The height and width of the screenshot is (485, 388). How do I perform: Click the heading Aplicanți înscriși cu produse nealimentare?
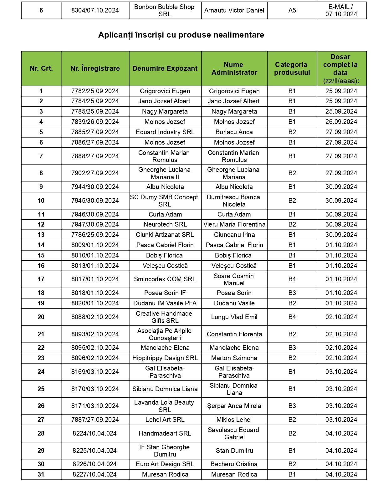(x=181, y=35)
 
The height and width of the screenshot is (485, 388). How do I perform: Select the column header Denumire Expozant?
(x=165, y=69)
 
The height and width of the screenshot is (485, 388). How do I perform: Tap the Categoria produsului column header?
(x=292, y=69)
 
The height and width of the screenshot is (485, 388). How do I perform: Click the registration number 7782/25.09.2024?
(x=95, y=91)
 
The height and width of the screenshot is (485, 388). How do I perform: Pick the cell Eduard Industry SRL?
(x=165, y=132)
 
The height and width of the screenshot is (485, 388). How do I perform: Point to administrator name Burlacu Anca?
(x=234, y=132)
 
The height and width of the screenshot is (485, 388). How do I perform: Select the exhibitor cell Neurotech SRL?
(x=165, y=224)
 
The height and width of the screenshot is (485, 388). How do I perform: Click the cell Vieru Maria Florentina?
(x=234, y=224)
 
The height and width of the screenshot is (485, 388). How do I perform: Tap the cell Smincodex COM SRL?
(x=165, y=279)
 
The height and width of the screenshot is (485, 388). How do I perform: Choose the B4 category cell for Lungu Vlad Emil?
(x=292, y=317)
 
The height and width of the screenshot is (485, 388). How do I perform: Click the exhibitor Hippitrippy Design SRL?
(x=165, y=358)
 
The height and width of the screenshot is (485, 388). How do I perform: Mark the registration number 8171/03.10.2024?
(x=95, y=406)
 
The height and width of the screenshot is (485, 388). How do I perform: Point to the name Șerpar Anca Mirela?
(x=234, y=406)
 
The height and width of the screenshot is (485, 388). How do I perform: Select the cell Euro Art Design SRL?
(x=165, y=464)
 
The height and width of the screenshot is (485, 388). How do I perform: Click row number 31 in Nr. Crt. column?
(x=41, y=474)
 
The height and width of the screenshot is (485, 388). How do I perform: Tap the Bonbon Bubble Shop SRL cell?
(x=165, y=10)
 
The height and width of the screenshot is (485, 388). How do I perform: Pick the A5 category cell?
(x=292, y=10)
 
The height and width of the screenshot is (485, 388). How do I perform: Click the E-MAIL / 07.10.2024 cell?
(x=341, y=10)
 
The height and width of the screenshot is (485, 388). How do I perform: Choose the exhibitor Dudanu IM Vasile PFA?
(x=165, y=303)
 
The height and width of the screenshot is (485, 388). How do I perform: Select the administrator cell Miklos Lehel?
(x=234, y=420)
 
